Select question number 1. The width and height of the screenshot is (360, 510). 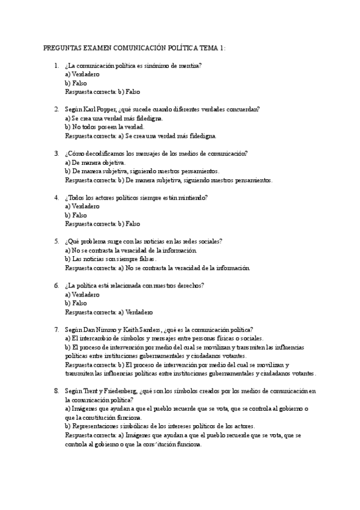click(56, 66)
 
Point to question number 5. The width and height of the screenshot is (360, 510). click(56, 241)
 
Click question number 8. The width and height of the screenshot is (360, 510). click(56, 373)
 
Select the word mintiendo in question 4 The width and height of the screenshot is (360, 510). click(192, 197)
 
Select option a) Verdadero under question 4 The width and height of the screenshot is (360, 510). click(82, 206)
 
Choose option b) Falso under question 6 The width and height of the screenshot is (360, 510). click(76, 303)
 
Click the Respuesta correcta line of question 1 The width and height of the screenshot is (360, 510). click(102, 92)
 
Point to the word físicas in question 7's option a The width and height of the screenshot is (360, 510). click(223, 338)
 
